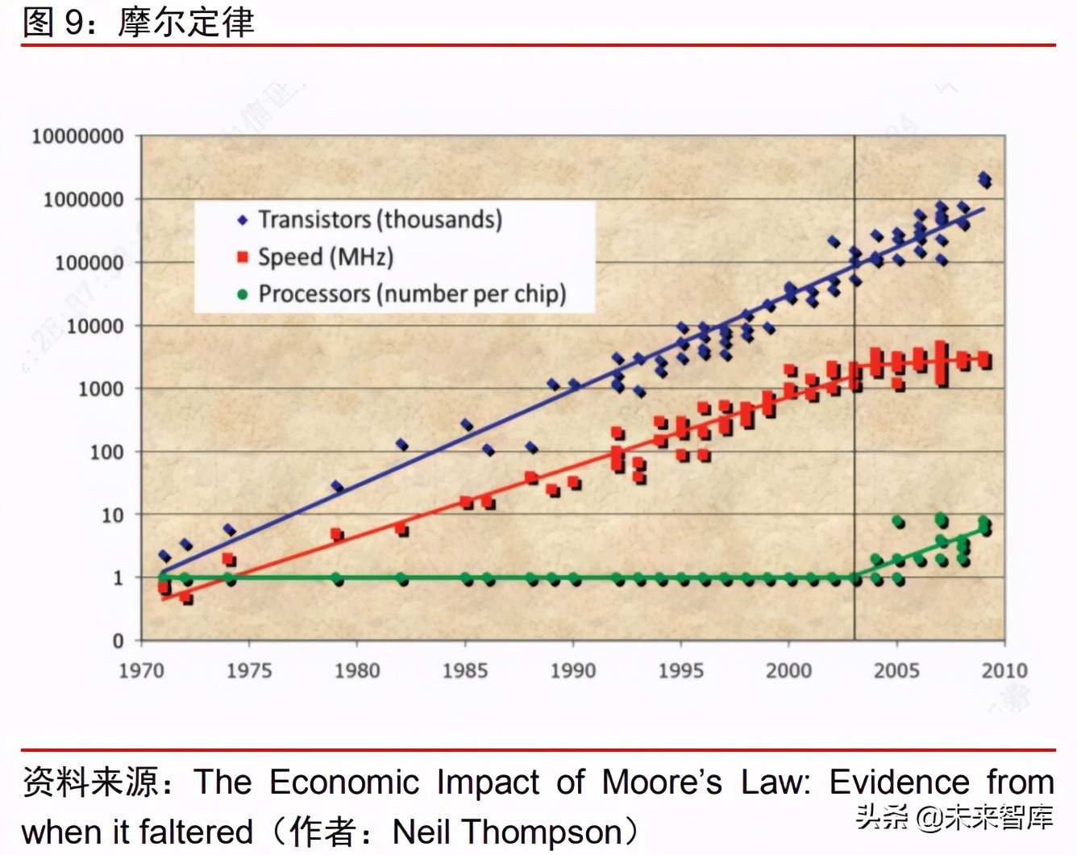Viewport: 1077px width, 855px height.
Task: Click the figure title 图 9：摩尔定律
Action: pos(139,22)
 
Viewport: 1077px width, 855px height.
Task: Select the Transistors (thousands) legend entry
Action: pos(380,219)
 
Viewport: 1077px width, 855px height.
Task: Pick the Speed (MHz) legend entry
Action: pos(326,257)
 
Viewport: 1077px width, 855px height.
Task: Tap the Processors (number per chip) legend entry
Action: pos(412,294)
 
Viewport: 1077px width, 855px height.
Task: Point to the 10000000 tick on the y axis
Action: pos(77,136)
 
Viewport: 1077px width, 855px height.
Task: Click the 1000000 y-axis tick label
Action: pos(83,199)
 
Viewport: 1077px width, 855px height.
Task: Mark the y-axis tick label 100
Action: pos(106,452)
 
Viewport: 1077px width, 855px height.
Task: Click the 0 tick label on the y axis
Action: pos(119,640)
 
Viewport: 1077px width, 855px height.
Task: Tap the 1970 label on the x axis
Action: pos(142,670)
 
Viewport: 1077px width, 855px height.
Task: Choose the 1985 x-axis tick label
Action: pos(465,670)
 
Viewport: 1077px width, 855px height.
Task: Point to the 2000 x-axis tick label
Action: pos(788,670)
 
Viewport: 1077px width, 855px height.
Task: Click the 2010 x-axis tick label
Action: pos(1004,670)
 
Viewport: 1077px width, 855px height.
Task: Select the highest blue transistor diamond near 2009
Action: pos(983,177)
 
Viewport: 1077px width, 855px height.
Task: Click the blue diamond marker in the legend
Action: pos(243,220)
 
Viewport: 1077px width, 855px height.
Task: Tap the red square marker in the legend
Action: pos(243,257)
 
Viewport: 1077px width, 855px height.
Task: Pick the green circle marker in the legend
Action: pos(243,294)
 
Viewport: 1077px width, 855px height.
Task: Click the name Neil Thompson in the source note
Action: pos(508,832)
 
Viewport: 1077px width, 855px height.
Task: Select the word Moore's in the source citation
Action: pos(662,782)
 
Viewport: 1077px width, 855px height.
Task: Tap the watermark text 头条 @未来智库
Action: pos(954,817)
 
